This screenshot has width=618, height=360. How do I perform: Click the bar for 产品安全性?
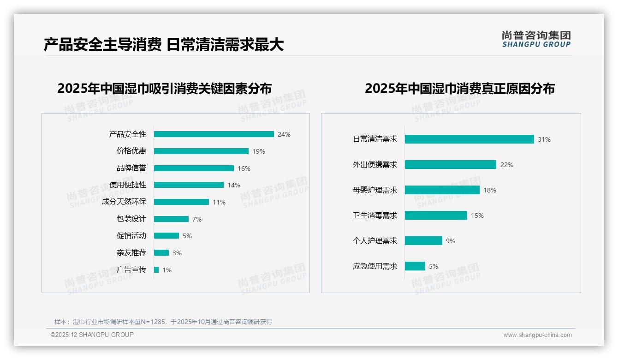click(214, 134)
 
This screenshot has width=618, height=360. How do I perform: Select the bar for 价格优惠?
click(201, 151)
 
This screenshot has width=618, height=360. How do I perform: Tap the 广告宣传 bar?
click(156, 270)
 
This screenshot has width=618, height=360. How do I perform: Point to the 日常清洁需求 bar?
click(469, 139)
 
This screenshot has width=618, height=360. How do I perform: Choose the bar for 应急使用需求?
click(415, 266)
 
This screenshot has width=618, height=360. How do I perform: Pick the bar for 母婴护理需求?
click(442, 190)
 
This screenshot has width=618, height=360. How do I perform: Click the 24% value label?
click(284, 135)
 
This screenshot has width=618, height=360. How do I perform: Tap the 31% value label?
click(544, 139)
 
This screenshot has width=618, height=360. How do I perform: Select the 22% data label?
click(507, 165)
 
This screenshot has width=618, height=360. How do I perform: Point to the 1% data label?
click(167, 270)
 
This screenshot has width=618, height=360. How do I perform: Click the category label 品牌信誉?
click(131, 168)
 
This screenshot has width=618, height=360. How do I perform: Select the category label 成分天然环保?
click(124, 202)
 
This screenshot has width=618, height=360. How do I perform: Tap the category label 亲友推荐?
click(131, 252)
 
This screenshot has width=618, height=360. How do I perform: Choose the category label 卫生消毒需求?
click(375, 216)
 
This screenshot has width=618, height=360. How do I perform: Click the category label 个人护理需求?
click(375, 241)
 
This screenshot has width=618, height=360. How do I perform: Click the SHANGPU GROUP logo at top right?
click(536, 39)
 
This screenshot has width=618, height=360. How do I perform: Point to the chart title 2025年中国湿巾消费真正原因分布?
click(460, 89)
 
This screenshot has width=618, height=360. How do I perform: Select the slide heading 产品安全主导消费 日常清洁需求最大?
click(164, 45)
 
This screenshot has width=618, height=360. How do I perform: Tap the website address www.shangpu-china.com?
click(537, 335)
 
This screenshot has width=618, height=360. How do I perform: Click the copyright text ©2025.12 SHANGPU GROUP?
click(92, 335)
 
